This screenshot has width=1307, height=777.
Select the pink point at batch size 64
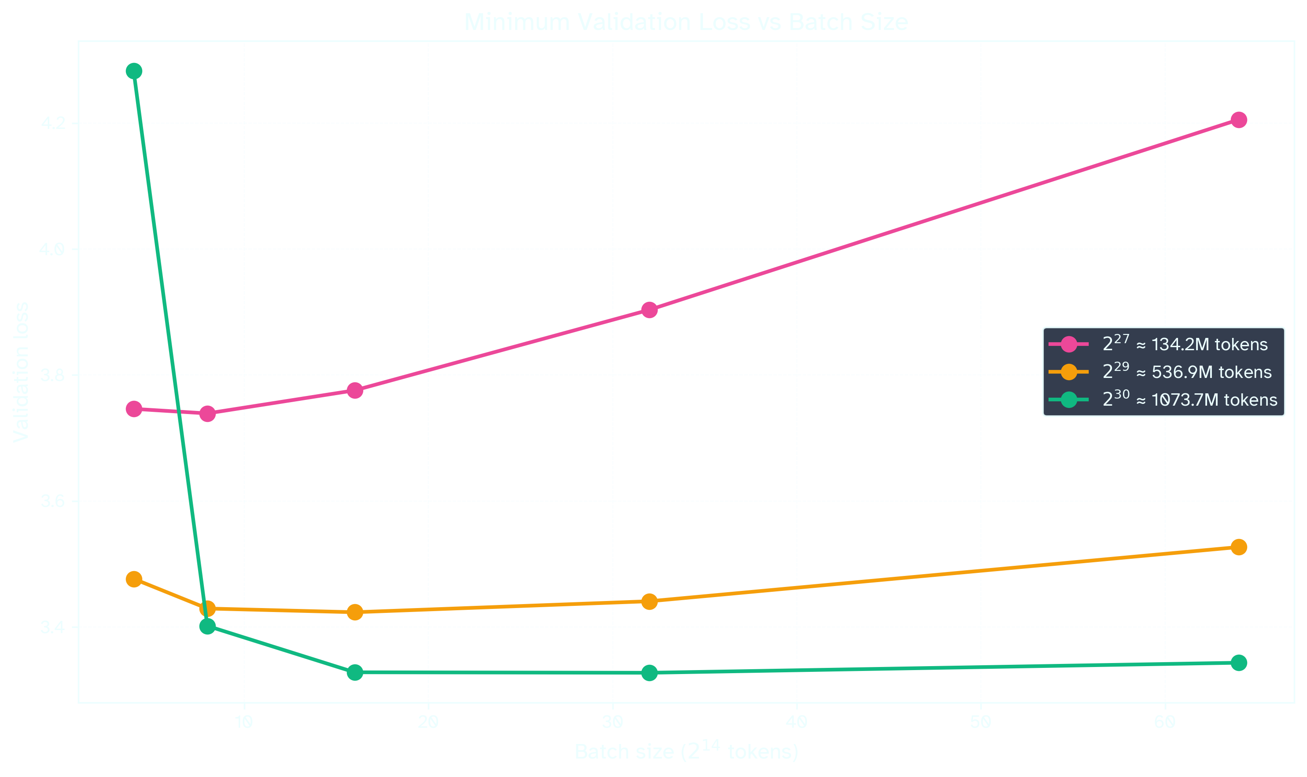pos(1238,120)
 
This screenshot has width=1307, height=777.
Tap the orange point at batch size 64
pos(1238,547)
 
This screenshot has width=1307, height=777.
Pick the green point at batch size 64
pos(1238,663)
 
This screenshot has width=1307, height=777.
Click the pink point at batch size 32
pos(649,310)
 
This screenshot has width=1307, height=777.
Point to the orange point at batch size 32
pos(649,601)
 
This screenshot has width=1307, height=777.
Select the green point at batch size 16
pos(355,672)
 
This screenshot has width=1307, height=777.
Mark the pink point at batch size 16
pos(355,391)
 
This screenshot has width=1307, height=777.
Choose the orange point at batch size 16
pos(355,612)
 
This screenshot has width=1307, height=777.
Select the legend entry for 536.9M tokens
pos(1186,372)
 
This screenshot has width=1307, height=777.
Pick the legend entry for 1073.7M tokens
pos(1189,400)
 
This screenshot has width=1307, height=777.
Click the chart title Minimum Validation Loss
pos(686,22)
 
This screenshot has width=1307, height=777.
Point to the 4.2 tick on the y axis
pos(52,124)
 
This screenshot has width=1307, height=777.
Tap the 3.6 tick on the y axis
pos(52,501)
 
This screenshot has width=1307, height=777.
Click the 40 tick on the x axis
pos(796,723)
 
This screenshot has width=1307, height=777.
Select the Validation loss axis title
pos(21,372)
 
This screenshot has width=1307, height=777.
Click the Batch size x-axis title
pos(686,752)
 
